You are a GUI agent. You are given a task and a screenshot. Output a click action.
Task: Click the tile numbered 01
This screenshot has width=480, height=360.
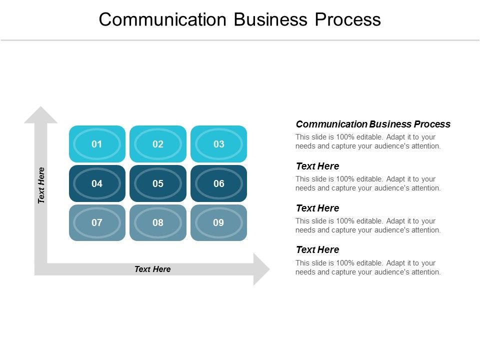point(97,144)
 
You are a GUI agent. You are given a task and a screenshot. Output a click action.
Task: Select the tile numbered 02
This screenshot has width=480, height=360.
point(158,144)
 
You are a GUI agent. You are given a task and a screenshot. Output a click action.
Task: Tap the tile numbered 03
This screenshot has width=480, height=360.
point(219,144)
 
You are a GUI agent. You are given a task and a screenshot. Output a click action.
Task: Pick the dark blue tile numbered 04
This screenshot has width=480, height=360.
point(97,183)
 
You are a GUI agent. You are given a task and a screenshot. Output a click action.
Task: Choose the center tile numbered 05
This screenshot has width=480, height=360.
point(158,183)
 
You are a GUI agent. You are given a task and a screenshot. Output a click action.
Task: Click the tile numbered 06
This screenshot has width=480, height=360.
point(219,183)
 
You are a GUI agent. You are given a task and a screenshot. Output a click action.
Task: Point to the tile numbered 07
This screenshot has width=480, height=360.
point(97,222)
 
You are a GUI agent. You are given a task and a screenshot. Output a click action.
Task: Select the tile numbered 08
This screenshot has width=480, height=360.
point(158,222)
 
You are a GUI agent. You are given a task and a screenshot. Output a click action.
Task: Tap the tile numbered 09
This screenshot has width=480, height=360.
point(219,222)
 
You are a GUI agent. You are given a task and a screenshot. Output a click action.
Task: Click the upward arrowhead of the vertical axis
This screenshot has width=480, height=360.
point(41,115)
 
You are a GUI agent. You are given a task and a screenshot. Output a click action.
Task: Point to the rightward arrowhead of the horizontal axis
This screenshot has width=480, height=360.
point(260,269)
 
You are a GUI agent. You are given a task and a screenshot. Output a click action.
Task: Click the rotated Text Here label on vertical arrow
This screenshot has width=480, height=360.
point(41,185)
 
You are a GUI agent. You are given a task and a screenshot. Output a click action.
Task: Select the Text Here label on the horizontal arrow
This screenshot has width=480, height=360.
point(152,269)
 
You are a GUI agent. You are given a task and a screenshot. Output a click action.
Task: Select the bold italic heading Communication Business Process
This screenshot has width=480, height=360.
point(373,124)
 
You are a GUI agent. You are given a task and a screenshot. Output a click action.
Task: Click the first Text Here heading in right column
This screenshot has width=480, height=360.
point(317,166)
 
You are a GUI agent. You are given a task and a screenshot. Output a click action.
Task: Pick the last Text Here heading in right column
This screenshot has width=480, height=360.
point(317,249)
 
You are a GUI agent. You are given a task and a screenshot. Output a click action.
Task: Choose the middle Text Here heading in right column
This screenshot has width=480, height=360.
point(317,208)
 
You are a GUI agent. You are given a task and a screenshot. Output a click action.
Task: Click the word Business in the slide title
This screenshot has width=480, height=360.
point(268,19)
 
